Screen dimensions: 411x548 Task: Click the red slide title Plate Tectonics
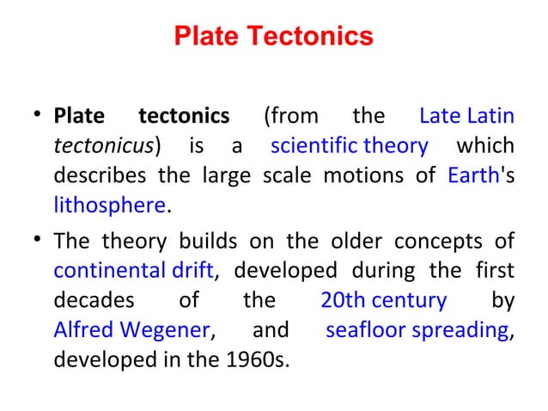point(273,38)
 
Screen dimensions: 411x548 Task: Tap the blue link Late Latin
point(466,116)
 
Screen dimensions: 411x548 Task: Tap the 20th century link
point(383,301)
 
